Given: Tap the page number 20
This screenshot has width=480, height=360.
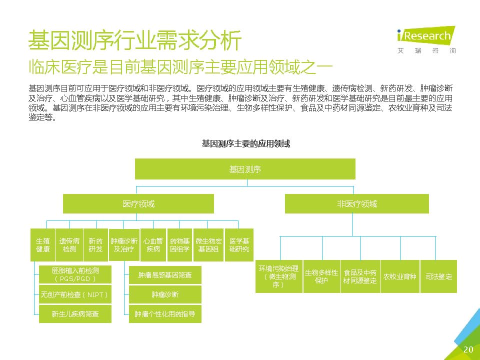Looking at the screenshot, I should pos(468,349).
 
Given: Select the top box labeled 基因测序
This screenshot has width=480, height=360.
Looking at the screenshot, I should pos(245,169).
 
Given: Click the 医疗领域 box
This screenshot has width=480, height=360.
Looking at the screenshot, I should pos(138,204).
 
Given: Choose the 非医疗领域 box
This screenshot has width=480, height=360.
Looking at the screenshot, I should pos(356,204).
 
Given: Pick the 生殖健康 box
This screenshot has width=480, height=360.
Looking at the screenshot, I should pos(42,244).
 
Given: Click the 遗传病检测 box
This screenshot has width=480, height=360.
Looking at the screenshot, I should pos(69,244).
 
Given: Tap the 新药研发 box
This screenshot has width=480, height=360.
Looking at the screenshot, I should pos(95,244).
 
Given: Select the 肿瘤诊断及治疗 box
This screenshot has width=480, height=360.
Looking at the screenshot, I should pos(123,244).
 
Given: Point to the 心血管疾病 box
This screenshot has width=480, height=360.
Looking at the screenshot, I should pos(153,244).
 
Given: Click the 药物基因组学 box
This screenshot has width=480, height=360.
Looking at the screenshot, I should pos(179,244).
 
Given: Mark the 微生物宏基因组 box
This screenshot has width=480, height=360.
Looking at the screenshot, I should pos(208,244).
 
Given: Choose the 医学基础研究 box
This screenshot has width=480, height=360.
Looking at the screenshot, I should pos(238,244).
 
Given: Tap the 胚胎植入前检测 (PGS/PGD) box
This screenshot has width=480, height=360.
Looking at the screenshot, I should pos(75,274).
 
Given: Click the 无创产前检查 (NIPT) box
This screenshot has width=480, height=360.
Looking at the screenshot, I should pos(75,294).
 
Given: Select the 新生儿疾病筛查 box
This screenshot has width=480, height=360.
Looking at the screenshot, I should pos(75,314).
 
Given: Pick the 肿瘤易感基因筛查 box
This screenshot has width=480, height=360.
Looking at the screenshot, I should pos(165,275).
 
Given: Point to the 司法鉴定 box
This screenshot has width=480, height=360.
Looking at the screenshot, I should pos(438,276).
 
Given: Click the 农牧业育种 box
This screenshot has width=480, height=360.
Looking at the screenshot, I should pos(399,276).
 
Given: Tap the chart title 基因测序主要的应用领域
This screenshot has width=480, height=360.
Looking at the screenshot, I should pos(245,143).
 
